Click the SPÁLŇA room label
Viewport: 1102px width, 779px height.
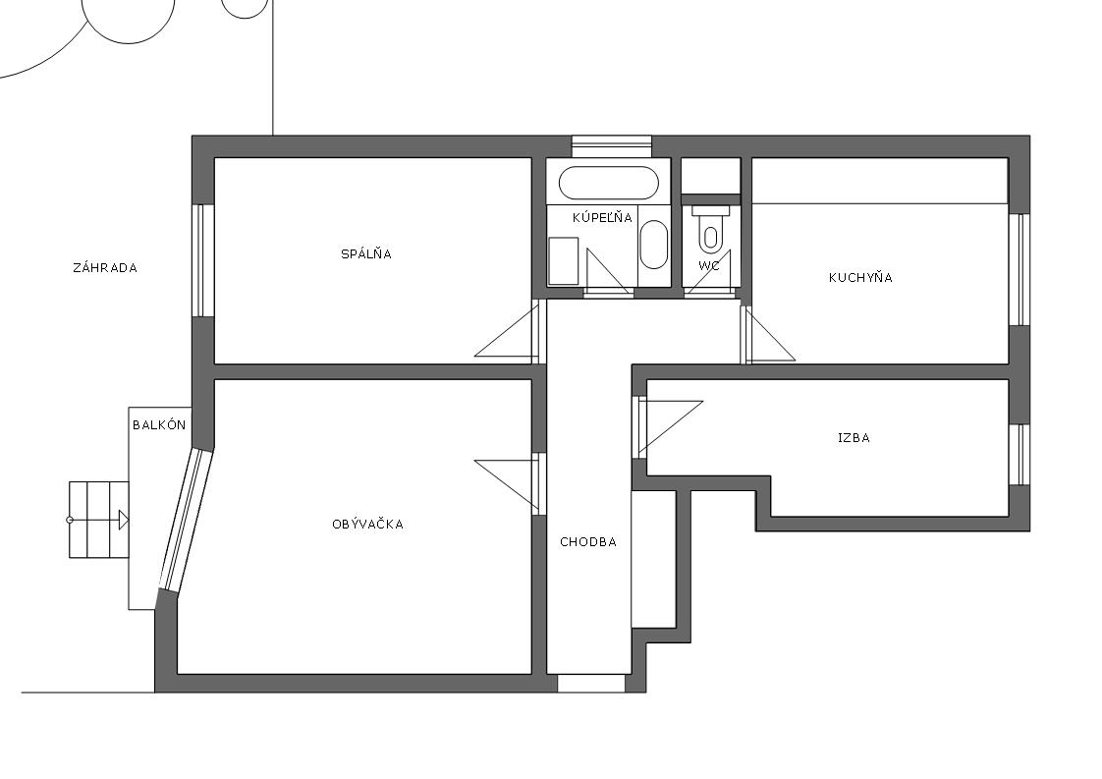[366, 253]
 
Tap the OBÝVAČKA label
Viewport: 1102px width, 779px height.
[367, 524]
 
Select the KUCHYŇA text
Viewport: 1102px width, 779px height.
[860, 277]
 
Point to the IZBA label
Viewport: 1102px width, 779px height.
[854, 437]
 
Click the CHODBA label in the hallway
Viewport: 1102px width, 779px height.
[588, 541]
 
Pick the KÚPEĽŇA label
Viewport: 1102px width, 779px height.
[602, 217]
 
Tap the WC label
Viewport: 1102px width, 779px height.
[709, 266]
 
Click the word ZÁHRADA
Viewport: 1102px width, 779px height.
[105, 268]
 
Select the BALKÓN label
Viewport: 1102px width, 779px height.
[159, 424]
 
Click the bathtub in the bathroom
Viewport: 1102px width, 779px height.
[609, 183]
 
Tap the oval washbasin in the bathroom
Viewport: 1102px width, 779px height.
[654, 244]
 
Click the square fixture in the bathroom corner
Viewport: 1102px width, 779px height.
[563, 261]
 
